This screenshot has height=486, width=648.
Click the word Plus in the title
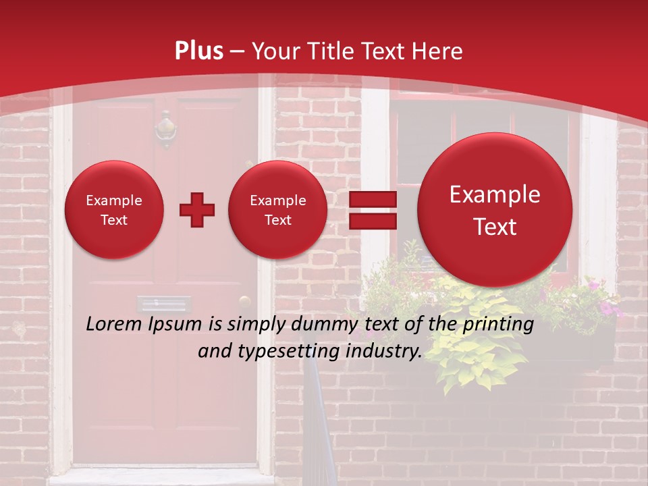tap(198, 51)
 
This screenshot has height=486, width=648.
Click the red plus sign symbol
tap(196, 210)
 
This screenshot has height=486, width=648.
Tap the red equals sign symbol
tap(372, 210)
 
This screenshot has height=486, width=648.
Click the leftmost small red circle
tap(113, 210)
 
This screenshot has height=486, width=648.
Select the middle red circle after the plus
tap(277, 210)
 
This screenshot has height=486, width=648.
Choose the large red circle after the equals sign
tap(495, 210)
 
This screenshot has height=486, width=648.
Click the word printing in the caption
tap(498, 325)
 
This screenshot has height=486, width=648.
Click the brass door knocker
tap(165, 130)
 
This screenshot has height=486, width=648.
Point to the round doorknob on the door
tap(244, 302)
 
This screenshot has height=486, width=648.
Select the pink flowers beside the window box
tap(608, 307)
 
